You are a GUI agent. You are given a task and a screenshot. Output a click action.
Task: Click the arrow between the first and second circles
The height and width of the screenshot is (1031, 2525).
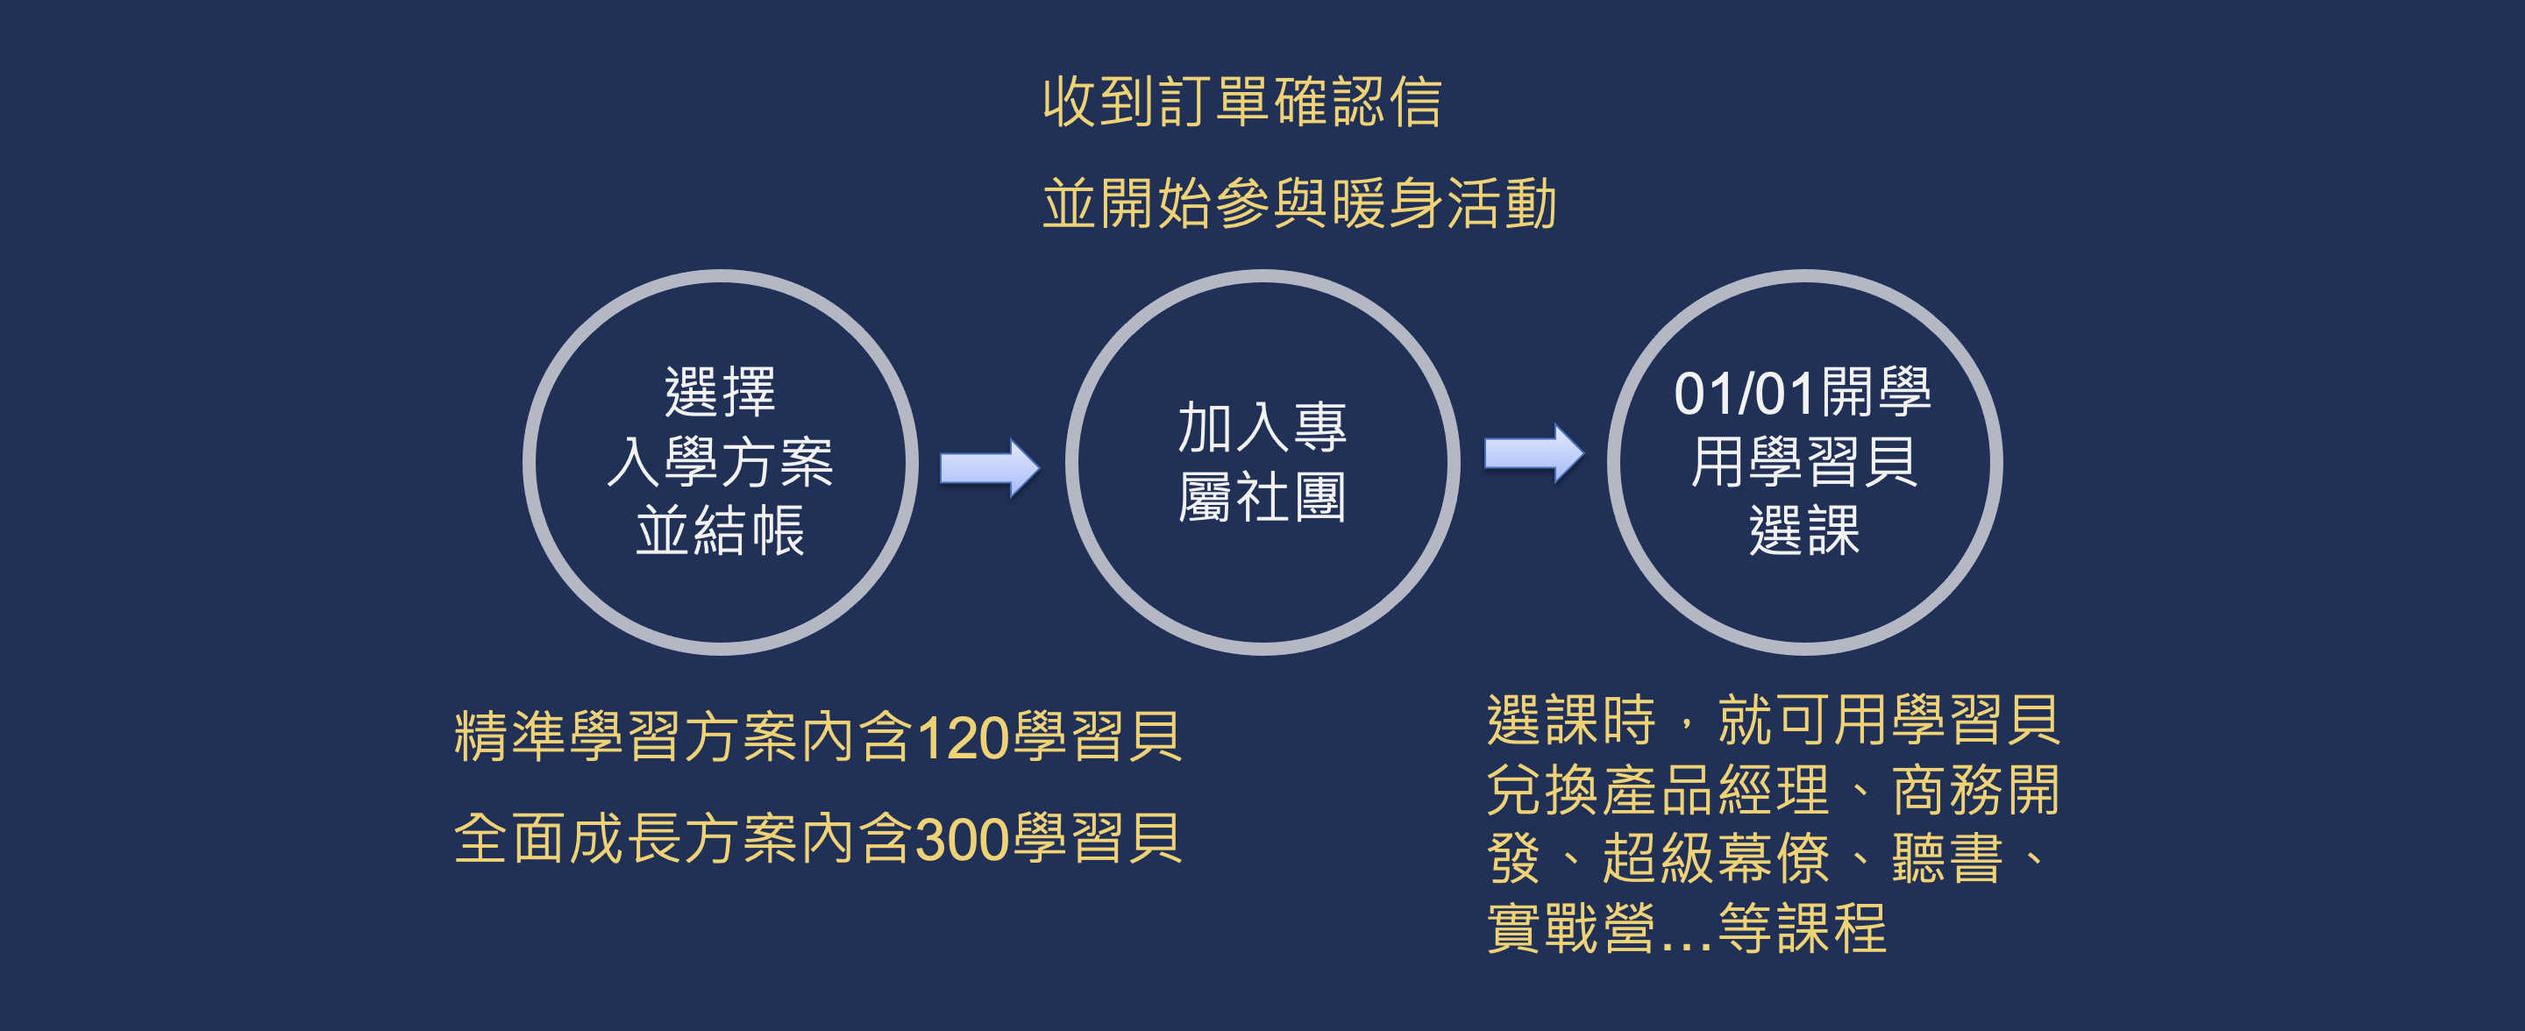989,468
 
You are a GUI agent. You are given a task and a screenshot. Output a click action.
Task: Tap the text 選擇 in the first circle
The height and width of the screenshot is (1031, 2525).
721,392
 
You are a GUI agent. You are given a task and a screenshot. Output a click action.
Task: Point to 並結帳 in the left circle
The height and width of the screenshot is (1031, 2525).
721,531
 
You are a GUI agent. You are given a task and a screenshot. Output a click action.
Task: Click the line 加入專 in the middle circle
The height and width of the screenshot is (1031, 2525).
1262,427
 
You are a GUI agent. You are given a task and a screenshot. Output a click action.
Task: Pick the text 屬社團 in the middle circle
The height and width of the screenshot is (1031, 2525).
1262,497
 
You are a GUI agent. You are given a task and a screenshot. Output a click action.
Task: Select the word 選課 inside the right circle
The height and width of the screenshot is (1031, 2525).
1803,531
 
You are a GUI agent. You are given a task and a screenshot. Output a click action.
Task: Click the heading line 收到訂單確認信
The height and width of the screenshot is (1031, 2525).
1242,102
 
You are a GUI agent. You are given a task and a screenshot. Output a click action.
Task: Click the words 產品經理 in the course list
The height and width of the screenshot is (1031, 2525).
1717,790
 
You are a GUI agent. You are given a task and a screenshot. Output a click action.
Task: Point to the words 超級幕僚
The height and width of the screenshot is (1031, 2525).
1717,858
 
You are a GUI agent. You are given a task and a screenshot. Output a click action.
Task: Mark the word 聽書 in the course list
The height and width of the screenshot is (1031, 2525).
1946,858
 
